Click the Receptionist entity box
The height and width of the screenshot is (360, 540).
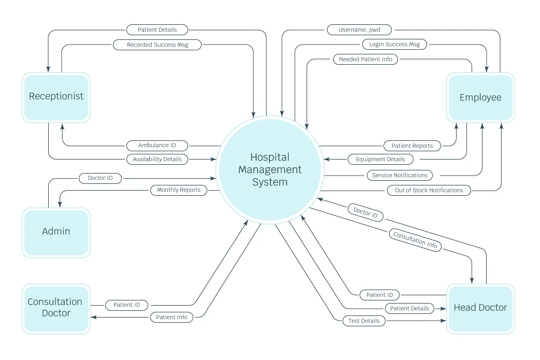point(56,97)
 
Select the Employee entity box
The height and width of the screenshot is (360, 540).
point(480,97)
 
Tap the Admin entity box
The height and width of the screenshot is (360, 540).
point(56,232)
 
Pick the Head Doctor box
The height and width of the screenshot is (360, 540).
point(480,308)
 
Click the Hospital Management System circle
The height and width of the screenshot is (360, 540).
point(269,169)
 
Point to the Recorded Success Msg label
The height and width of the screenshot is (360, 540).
point(157,45)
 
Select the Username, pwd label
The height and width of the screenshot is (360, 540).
point(359,30)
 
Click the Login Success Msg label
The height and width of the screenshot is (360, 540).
point(394,45)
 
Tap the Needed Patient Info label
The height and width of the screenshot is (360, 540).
point(365,60)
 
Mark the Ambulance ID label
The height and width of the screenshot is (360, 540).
point(157,146)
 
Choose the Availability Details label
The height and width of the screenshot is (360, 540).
point(157,159)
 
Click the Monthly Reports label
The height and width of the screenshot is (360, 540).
point(179,190)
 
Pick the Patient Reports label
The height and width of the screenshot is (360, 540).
point(412,146)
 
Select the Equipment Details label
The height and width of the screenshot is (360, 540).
point(380,160)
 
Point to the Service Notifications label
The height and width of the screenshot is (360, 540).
point(400,175)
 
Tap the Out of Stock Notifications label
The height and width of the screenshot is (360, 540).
point(429,190)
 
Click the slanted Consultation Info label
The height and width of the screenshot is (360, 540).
point(415,241)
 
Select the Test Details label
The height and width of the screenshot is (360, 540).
point(364,321)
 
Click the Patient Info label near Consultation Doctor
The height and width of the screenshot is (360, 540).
point(172,317)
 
